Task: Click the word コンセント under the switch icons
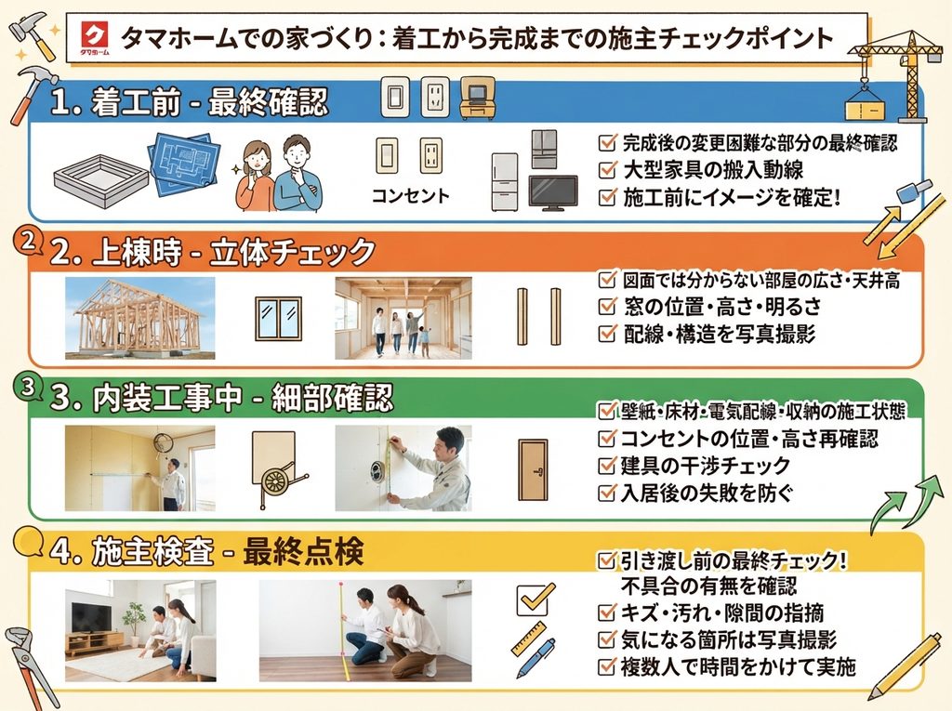[x=410, y=195]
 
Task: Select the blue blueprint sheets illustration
[x=185, y=163]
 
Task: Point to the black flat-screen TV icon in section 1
[x=553, y=191]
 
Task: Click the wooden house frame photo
[x=139, y=318]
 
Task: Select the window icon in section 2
[x=278, y=318]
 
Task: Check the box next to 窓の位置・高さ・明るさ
[x=607, y=306]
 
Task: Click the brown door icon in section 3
[x=533, y=470]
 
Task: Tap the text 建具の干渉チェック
[x=705, y=466]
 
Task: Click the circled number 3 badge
[x=27, y=388]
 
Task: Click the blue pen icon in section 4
[x=535, y=658]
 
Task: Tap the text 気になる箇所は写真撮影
[x=729, y=640]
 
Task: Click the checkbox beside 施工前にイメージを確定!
[x=607, y=197]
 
